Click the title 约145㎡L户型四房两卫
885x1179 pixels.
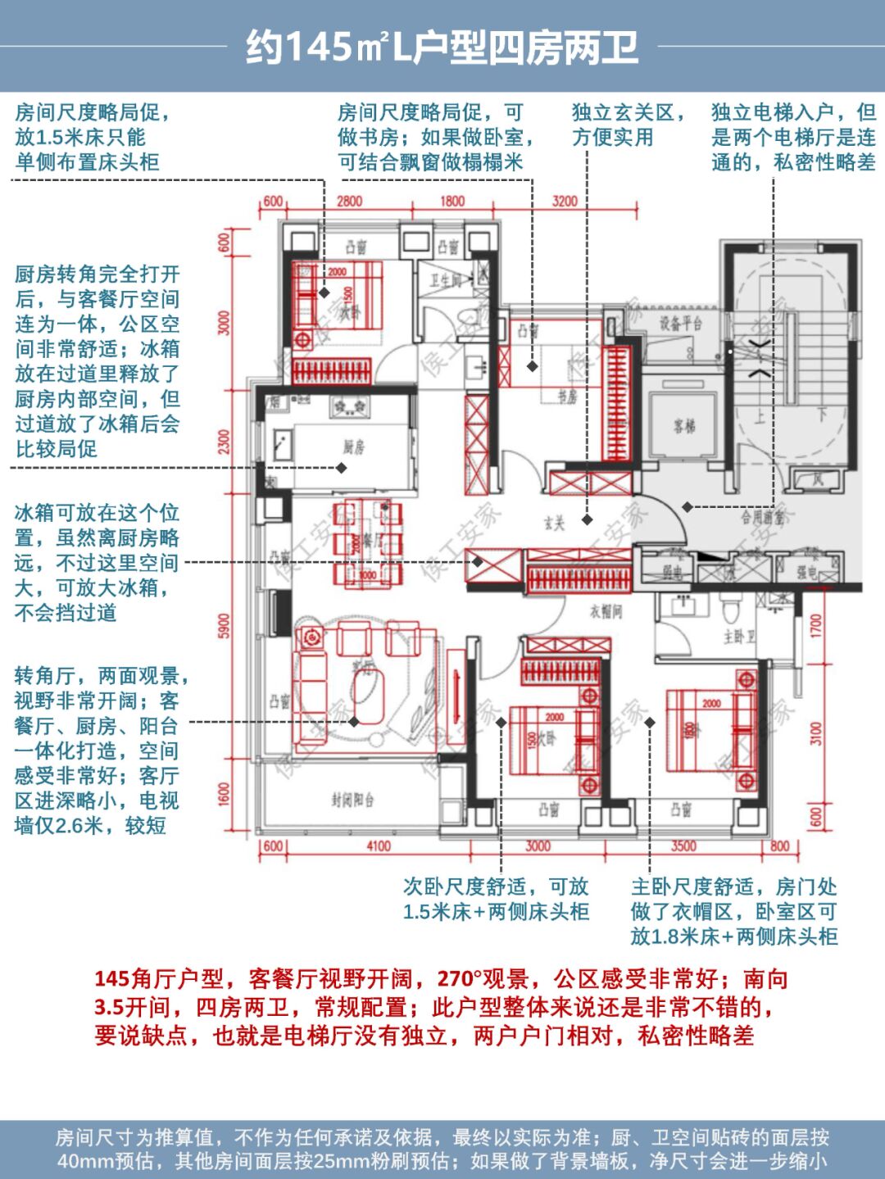pos(442,48)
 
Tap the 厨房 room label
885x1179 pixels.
pos(354,447)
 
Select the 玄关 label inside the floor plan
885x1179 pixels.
pos(555,523)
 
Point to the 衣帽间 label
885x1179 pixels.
pos(606,610)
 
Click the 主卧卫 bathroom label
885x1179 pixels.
pos(738,636)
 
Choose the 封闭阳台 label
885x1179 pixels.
pos(352,800)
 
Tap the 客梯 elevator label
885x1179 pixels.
pos(684,426)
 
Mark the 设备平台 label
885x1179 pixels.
pos(682,323)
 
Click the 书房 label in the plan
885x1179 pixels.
pos(568,397)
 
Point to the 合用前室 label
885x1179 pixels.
pos(763,518)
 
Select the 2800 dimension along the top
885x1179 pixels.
pos(349,202)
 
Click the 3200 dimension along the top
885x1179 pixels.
pos(565,202)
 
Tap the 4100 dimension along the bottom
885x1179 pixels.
pos(378,846)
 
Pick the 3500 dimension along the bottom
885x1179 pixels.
pos(683,846)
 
